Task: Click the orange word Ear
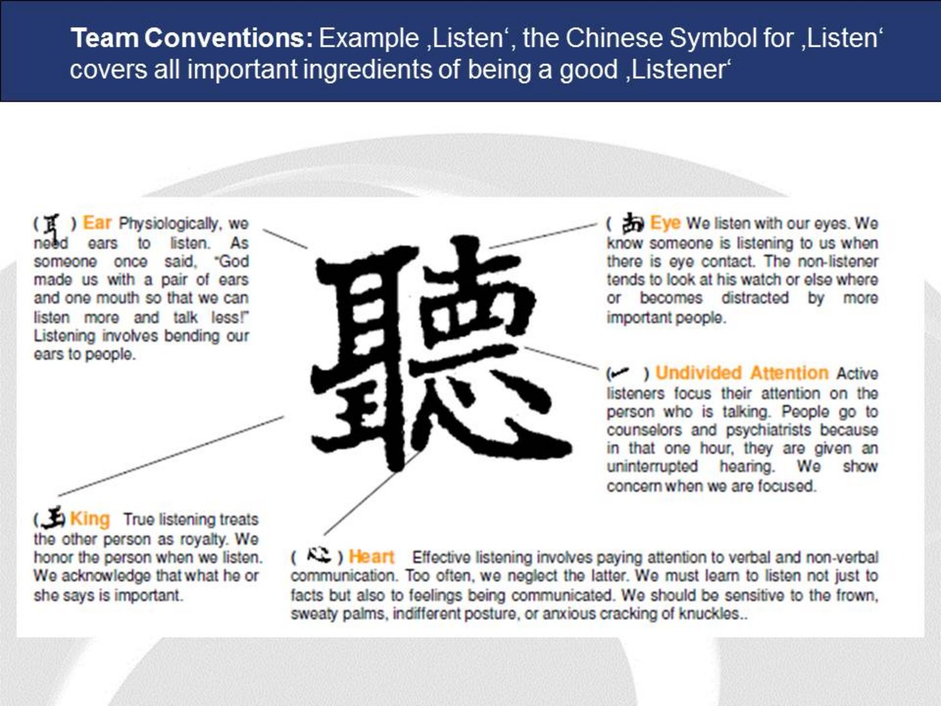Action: [97, 223]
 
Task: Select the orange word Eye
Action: [665, 223]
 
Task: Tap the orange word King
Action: [90, 518]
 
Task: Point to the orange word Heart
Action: [371, 557]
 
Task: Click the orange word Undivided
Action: [698, 373]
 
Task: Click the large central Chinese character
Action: [441, 354]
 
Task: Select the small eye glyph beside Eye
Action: [632, 223]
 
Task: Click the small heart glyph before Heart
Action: [319, 555]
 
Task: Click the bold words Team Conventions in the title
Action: [192, 38]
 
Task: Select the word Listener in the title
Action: [678, 69]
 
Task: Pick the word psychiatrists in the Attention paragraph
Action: [768, 430]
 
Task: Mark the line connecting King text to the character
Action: [171, 456]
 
